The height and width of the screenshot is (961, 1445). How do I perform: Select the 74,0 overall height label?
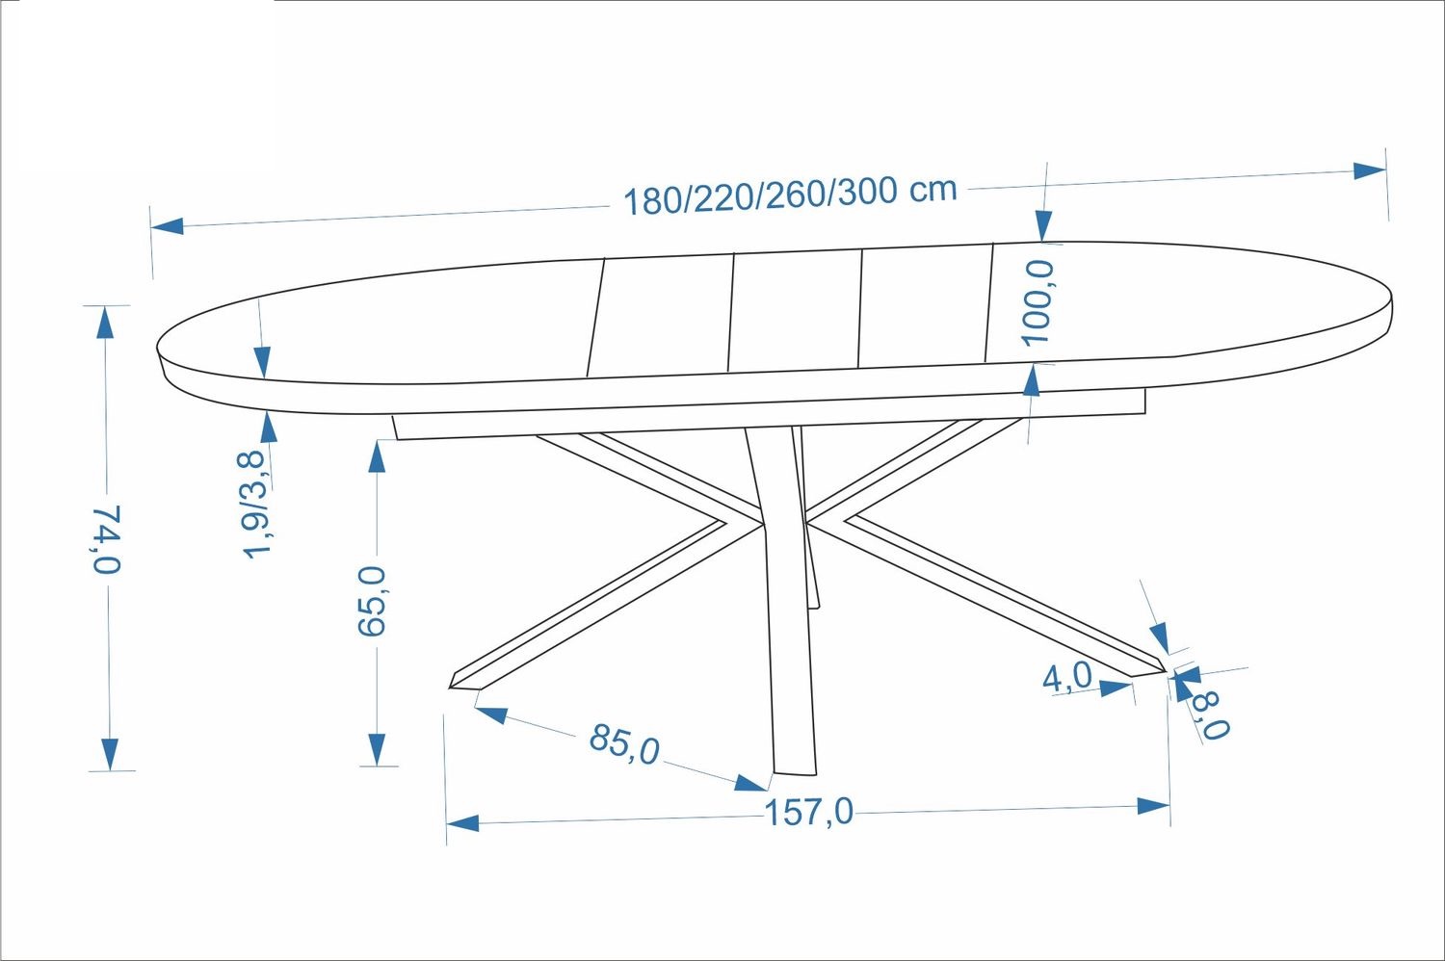click(106, 539)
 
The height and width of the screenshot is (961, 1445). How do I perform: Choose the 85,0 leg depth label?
click(624, 744)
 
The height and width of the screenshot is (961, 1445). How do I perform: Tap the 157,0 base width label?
click(809, 812)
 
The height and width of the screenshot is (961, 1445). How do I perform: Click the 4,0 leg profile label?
click(1067, 677)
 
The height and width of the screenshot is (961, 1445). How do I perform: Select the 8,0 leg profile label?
click(1211, 714)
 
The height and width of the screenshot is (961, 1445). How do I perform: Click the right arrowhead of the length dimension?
click(1369, 170)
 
